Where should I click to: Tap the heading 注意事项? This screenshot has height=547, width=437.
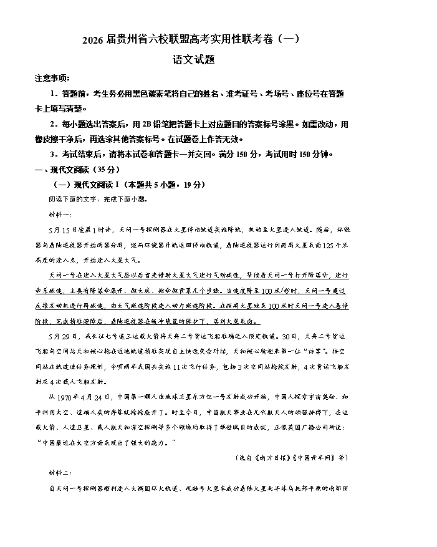(x=52, y=78)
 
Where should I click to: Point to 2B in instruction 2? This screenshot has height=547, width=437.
(x=147, y=123)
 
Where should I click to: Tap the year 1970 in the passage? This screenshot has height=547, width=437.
(x=72, y=397)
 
